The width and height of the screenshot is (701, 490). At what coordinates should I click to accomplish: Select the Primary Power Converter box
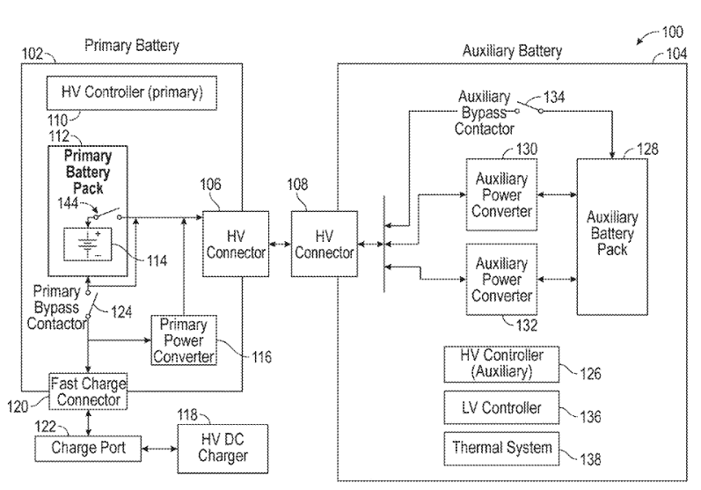click(x=182, y=339)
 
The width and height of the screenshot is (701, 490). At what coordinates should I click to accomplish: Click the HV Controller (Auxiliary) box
click(x=501, y=362)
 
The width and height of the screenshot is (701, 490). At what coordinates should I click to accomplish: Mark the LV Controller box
click(x=501, y=407)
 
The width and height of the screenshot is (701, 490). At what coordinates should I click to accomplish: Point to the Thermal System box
click(x=501, y=448)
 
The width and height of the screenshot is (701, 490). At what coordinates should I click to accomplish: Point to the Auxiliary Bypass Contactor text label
click(x=486, y=113)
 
